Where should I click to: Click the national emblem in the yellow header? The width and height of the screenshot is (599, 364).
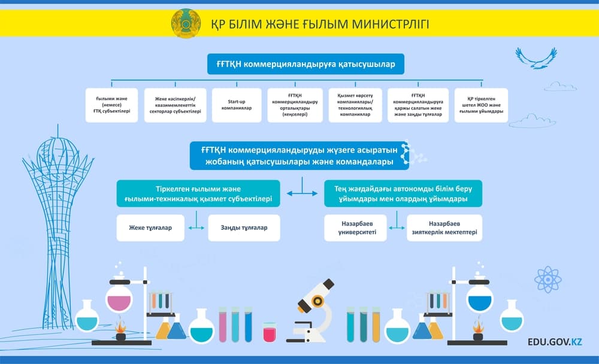(186, 23)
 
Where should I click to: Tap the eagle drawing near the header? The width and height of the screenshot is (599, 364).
(536, 58)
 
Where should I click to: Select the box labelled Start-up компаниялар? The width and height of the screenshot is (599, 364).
(237, 105)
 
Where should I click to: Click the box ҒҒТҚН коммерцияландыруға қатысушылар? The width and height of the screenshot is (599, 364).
(305, 64)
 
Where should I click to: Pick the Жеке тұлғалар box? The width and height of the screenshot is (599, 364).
(150, 227)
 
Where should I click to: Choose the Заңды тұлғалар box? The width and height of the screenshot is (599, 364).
(244, 227)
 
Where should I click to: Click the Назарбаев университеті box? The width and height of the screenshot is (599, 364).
(355, 227)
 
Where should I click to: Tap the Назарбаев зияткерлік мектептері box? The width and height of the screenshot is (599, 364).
(444, 227)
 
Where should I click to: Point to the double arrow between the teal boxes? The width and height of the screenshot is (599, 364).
(302, 193)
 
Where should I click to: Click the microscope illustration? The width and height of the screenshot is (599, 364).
(310, 311)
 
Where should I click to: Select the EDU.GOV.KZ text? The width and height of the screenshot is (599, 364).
(555, 341)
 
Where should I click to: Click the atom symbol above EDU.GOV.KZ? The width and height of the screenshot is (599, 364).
(548, 280)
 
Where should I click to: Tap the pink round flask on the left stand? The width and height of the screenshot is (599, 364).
(119, 298)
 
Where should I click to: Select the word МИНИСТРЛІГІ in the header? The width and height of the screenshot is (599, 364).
(390, 24)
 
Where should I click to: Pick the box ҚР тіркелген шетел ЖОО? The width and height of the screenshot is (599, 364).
(481, 105)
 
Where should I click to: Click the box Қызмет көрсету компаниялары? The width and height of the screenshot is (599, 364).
(355, 105)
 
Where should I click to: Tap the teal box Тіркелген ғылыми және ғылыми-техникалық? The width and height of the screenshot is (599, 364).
(198, 193)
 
